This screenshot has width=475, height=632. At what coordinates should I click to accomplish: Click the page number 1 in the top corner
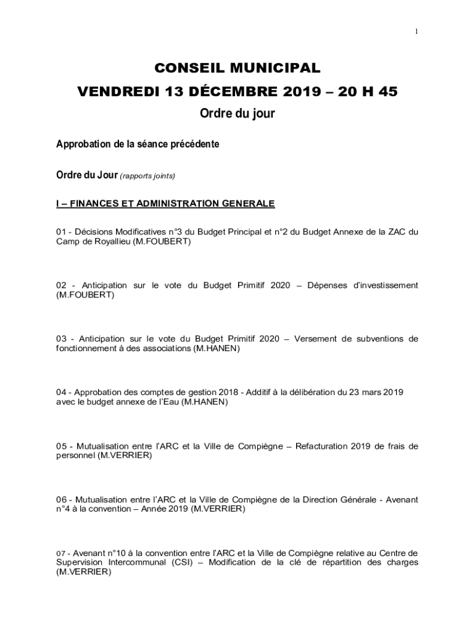(416, 31)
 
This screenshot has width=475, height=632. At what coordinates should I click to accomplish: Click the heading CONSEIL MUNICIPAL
(238, 67)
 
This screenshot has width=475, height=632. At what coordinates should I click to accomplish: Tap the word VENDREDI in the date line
(115, 92)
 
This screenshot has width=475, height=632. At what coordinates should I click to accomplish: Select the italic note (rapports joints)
(148, 177)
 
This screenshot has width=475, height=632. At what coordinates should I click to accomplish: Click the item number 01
(61, 232)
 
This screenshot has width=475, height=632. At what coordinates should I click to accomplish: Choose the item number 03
(62, 339)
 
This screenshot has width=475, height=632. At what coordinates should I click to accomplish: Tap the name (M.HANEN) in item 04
(206, 402)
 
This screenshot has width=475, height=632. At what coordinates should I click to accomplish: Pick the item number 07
(60, 553)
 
